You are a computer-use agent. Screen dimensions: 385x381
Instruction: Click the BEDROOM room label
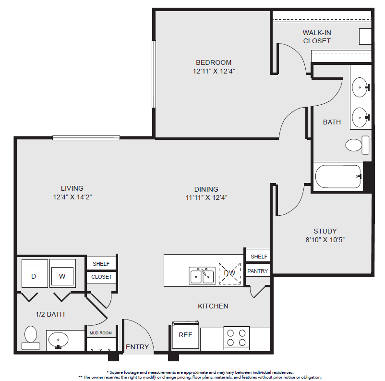coord(214,62)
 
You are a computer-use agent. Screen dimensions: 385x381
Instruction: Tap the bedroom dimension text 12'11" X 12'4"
coord(214,71)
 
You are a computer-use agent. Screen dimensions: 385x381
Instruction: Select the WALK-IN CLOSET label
coord(317,37)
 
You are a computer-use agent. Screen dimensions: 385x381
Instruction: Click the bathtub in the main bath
coord(338,176)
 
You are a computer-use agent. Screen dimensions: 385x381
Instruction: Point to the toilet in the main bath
coord(357,145)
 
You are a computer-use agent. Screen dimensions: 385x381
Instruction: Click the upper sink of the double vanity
coord(361,87)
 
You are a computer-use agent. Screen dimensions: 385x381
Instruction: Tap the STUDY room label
coord(325,231)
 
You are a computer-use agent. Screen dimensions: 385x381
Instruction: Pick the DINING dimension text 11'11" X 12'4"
coord(206,197)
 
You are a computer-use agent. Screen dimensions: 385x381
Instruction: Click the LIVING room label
coord(72,188)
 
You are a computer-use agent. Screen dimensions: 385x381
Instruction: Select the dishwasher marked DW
coord(229,273)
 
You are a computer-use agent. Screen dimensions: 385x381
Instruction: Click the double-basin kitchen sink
coord(202,276)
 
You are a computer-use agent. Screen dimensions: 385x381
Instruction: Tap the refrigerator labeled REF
coord(185,335)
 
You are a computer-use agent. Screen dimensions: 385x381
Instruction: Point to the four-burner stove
coord(237,338)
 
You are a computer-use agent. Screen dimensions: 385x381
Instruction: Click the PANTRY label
coord(258,271)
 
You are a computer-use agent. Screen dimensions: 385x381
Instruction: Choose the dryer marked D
coord(35,273)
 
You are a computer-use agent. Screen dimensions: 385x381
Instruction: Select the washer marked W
coord(62,273)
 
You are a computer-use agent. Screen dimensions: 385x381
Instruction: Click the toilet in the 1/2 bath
coord(31,337)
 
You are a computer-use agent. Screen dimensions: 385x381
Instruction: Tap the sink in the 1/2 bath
coord(59,341)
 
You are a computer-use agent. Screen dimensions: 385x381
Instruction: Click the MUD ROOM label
coord(101,333)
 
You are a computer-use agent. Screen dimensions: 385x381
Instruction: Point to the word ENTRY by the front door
coord(137,347)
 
